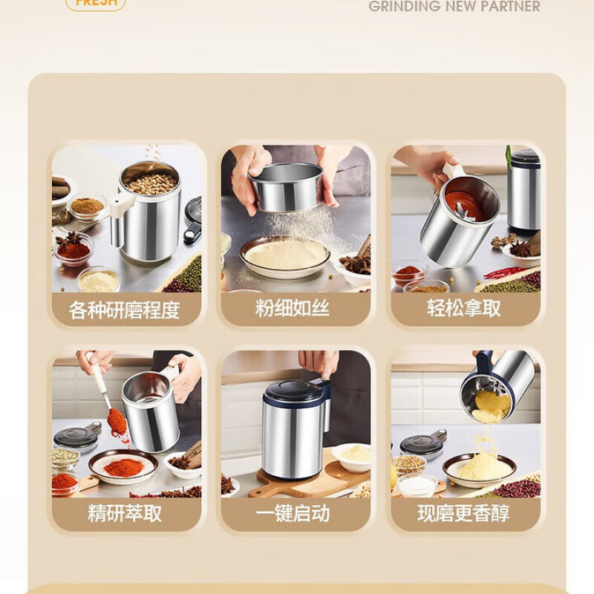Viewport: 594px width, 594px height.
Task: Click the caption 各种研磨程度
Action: [125, 310]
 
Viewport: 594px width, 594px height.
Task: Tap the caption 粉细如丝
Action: [293, 309]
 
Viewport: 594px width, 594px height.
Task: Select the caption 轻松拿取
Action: [464, 309]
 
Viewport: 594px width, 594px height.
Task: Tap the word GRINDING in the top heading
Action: [405, 7]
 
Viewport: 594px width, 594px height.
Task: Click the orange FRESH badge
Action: [95, 4]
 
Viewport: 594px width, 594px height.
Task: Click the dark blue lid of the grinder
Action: [293, 391]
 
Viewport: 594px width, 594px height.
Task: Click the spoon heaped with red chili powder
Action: [117, 422]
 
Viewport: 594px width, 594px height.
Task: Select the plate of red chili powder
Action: [123, 466]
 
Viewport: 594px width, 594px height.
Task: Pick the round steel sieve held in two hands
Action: [285, 187]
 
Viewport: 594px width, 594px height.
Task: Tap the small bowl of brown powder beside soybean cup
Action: [88, 206]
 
